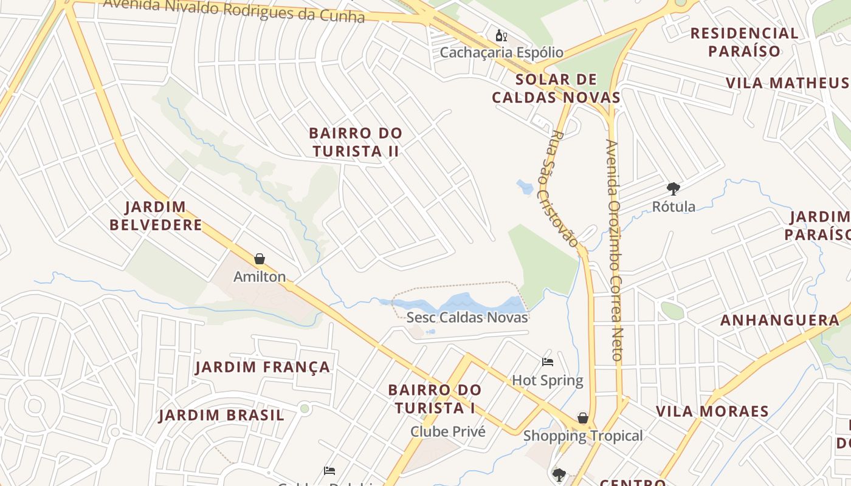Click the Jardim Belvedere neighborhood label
[x=156, y=216]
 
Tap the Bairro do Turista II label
[x=356, y=142]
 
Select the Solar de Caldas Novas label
[x=556, y=88]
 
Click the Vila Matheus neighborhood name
[x=787, y=83]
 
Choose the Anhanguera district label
[x=780, y=320]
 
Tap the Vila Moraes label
[x=712, y=411]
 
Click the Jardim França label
[x=263, y=367]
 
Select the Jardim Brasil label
[x=222, y=416]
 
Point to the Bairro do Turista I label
[x=435, y=399]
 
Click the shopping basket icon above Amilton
[x=260, y=259]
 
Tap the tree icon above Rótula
[x=673, y=188]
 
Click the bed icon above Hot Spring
[x=548, y=362]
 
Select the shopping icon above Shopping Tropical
[x=582, y=418]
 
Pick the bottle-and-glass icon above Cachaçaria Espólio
[x=501, y=35]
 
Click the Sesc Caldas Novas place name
[x=467, y=317]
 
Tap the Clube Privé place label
[x=448, y=431]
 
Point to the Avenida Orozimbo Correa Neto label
[x=615, y=250]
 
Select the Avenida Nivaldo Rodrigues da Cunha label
[x=234, y=10]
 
